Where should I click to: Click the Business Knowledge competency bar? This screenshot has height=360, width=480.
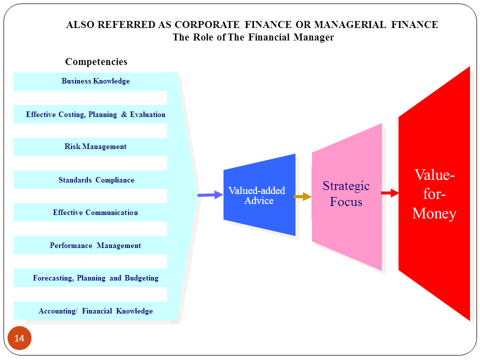point(95,81)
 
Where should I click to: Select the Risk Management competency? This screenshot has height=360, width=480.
point(95,147)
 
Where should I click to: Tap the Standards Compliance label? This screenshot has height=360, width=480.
point(96,180)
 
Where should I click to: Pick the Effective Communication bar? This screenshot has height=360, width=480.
point(95,212)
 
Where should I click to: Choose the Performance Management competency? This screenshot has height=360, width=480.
point(95,245)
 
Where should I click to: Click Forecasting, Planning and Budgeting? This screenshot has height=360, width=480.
point(95,278)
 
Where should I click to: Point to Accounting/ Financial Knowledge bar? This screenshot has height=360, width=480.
point(95,311)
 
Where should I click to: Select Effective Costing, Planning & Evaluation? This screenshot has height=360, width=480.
point(95,114)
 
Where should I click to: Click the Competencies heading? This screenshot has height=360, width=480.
point(96,62)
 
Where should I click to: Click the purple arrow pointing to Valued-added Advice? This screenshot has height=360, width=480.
point(210,195)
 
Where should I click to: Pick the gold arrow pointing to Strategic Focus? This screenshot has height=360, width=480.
point(302,196)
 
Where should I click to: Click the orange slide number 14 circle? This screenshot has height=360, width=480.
point(19,338)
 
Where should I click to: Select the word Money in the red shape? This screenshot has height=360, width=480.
point(434,214)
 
